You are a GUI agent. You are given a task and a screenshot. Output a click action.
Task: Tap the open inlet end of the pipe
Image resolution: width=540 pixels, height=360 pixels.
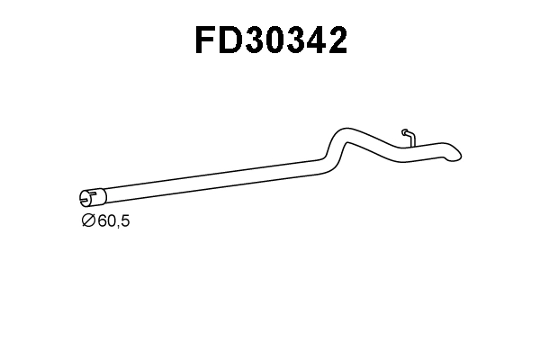pos(85,195)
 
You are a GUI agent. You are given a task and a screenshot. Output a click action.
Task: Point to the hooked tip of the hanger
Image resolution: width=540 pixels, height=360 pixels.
pos(404,130)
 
